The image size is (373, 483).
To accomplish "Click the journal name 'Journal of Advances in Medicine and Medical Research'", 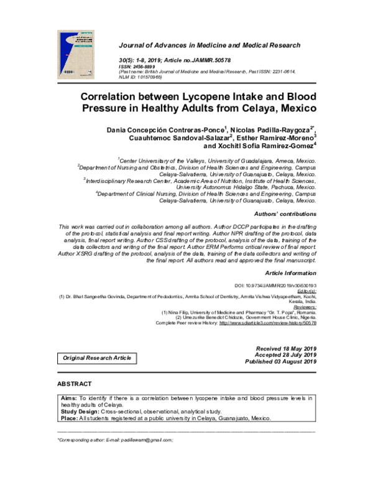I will pos(209,45).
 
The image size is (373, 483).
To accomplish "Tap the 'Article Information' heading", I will pos(290,273).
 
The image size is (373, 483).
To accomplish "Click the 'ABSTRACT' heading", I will pos(74,384).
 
